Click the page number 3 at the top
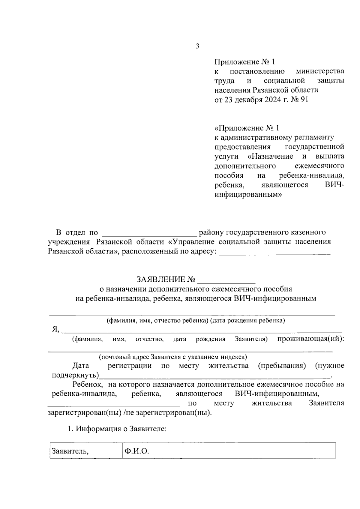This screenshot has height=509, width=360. pyautogui.click(x=197, y=46)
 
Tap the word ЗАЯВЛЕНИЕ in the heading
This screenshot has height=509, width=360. pyautogui.click(x=161, y=280)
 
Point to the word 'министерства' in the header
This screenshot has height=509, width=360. pyautogui.click(x=320, y=71)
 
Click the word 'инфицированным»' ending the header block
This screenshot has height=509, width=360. pyautogui.click(x=248, y=194)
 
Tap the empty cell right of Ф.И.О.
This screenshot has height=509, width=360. pyautogui.click(x=256, y=451)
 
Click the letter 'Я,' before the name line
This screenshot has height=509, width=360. pyautogui.click(x=56, y=329)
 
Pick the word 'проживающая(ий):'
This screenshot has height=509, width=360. pyautogui.click(x=310, y=339)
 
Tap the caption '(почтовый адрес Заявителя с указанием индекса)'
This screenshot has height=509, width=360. pyautogui.click(x=173, y=357)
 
